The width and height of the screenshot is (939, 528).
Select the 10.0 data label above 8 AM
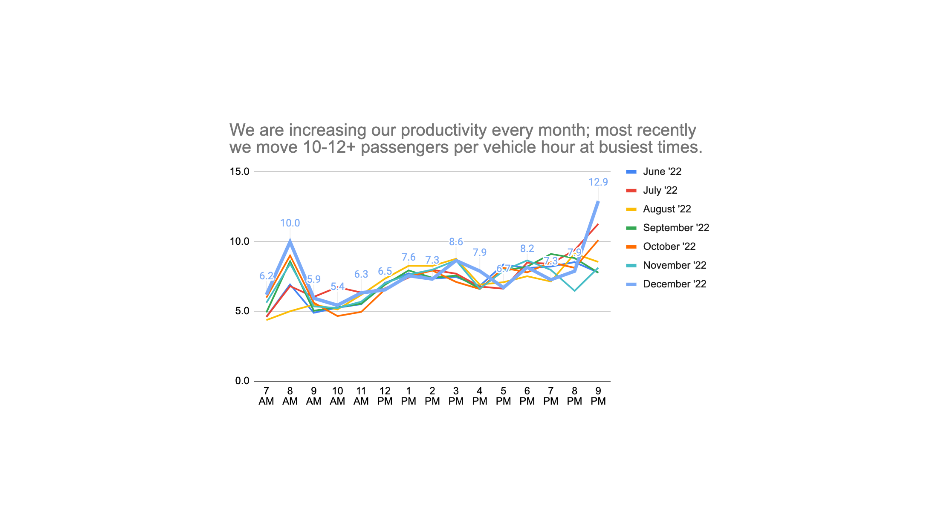[x=290, y=223]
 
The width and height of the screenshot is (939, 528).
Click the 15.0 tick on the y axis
[x=239, y=172]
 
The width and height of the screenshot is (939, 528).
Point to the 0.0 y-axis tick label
[x=242, y=381]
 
